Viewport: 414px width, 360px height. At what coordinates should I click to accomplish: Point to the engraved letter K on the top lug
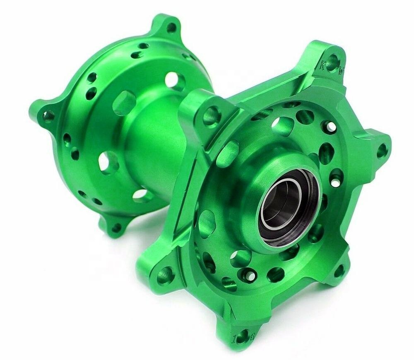tap(323, 65)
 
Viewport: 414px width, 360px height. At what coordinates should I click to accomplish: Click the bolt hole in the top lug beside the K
tap(334, 58)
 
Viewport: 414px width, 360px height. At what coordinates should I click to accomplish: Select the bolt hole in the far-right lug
tap(382, 151)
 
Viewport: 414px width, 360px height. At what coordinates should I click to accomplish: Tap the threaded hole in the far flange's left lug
tap(48, 116)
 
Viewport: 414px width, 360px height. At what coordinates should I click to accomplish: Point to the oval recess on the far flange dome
tap(123, 102)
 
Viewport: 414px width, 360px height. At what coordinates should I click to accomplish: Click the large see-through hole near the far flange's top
tap(174, 80)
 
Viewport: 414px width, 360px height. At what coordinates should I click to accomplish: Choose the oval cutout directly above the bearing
tap(283, 125)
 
